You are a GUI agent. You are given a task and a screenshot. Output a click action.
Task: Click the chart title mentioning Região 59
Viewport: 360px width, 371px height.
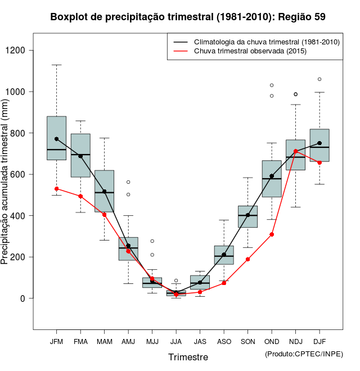(x=187, y=17)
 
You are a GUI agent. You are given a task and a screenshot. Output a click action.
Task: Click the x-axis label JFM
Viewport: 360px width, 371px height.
(x=56, y=341)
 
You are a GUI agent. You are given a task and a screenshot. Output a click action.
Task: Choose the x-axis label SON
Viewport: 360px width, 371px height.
(x=247, y=341)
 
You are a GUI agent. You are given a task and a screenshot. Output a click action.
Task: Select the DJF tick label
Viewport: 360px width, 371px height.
(x=319, y=341)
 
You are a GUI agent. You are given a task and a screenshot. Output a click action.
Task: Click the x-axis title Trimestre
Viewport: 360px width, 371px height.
(x=188, y=357)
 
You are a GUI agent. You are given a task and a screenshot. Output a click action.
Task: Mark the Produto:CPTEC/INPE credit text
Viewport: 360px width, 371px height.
(x=304, y=354)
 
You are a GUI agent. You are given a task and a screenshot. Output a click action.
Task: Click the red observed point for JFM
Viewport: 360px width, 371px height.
(x=56, y=189)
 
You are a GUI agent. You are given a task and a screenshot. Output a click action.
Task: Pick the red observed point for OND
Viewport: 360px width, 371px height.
(x=272, y=234)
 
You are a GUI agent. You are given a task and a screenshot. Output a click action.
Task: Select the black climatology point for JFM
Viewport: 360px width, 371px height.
(x=56, y=139)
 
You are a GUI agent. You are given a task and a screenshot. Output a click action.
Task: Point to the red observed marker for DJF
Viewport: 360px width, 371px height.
(x=319, y=162)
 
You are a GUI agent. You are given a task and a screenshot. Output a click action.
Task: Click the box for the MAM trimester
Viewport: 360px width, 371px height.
(x=104, y=191)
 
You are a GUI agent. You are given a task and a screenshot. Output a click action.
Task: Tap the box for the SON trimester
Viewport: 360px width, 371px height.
(x=247, y=216)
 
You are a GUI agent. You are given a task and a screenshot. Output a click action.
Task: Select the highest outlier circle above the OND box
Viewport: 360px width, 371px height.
(x=272, y=85)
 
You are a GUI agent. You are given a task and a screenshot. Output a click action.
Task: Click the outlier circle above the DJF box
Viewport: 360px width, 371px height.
(x=319, y=79)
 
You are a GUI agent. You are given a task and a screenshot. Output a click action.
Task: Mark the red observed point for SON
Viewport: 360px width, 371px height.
(x=247, y=259)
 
